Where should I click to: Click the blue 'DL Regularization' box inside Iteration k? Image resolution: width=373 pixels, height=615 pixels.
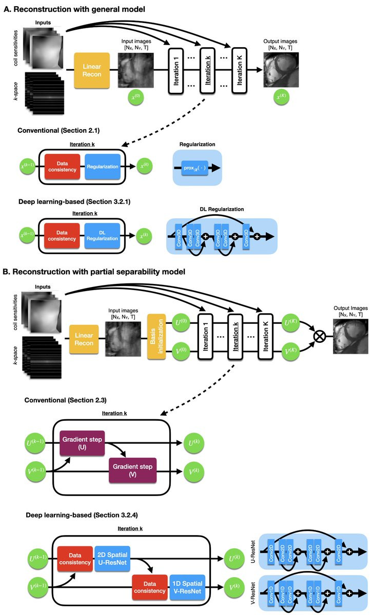coord(103,231)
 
